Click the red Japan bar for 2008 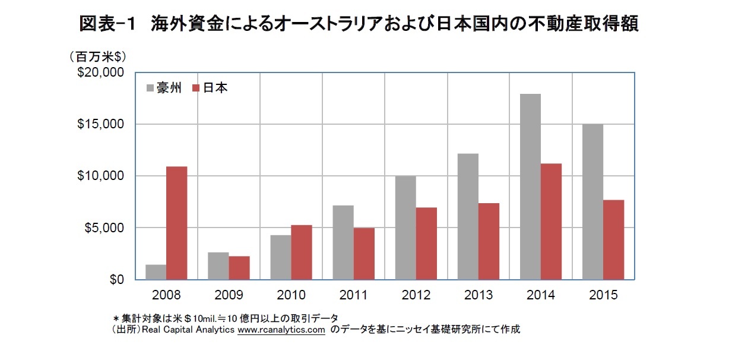tap(177, 223)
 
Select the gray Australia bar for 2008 tap(156, 272)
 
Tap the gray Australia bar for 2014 tap(530, 187)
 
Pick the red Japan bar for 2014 tap(551, 221)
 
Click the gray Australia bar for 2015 tap(592, 201)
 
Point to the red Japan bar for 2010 tap(302, 252)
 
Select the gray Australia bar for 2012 tap(405, 228)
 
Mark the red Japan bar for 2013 tap(489, 241)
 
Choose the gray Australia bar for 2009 tap(218, 266)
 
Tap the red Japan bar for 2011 tap(364, 254)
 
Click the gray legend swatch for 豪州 tap(150, 88)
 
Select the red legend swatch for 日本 tap(197, 88)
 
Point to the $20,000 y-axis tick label tap(102, 72)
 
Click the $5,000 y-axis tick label tap(104, 228)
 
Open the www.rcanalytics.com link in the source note tap(281, 330)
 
